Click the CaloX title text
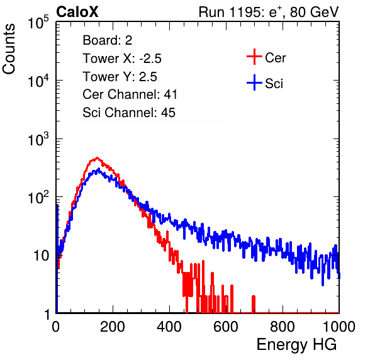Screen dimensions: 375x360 [77, 12]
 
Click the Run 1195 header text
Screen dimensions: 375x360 [269, 12]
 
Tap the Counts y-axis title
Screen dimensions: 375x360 [9, 49]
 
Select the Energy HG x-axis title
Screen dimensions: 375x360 [296, 345]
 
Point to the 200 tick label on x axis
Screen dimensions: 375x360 [113, 327]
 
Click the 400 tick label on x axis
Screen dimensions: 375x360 [169, 327]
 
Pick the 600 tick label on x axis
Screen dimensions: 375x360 [226, 327]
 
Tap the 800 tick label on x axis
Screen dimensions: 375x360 [283, 327]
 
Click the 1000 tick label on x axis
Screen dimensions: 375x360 [339, 327]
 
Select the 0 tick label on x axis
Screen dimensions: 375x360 [56, 327]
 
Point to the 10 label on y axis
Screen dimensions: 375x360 [41, 256]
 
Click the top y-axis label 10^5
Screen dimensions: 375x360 [38, 22]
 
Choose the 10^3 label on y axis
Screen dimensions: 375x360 [38, 138]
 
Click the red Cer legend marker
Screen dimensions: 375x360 [254, 57]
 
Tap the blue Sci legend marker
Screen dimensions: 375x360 [254, 83]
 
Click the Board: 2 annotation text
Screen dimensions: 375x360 [108, 40]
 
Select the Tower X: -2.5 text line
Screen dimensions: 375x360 [122, 59]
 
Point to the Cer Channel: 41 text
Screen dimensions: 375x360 [130, 94]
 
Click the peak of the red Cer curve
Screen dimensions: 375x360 [97, 158]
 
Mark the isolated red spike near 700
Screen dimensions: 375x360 [254, 304]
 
